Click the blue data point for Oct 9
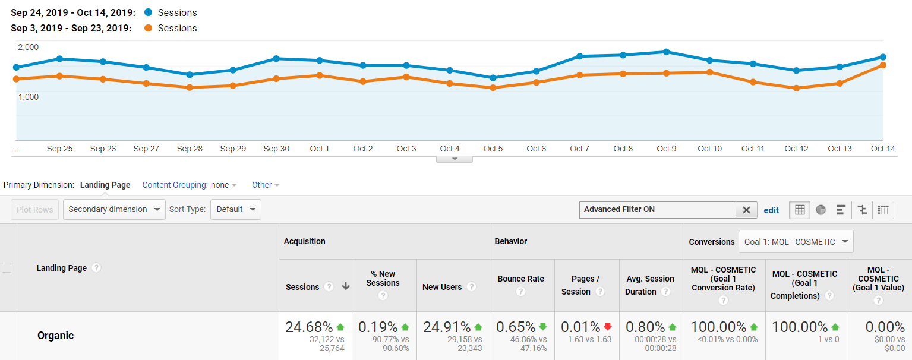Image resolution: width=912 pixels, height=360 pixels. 667,52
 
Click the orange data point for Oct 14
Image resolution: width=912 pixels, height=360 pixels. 883,65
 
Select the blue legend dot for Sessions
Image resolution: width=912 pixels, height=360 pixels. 148,12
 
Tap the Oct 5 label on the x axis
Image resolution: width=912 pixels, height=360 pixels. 493,149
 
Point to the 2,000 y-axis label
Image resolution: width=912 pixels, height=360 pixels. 29,47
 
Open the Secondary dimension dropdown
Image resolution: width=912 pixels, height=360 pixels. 114,209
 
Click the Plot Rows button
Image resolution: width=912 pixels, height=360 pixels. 35,209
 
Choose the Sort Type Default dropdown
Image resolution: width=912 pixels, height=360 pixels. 235,209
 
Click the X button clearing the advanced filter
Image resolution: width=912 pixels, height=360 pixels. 746,210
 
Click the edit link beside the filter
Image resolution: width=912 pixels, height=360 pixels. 771,210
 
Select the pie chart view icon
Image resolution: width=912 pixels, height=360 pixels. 821,210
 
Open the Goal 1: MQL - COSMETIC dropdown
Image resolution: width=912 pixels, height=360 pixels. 796,242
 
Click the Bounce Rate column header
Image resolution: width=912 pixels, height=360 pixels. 520,279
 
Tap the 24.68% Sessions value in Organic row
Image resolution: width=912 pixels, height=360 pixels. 309,327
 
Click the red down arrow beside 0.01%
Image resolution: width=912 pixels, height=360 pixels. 607,327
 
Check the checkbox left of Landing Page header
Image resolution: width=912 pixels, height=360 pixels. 7,268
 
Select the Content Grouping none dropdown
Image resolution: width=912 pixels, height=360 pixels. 223,185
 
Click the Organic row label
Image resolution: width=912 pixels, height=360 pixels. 55,336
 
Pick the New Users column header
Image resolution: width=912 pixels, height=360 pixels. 442,287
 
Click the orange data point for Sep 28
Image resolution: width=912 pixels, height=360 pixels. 190,87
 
